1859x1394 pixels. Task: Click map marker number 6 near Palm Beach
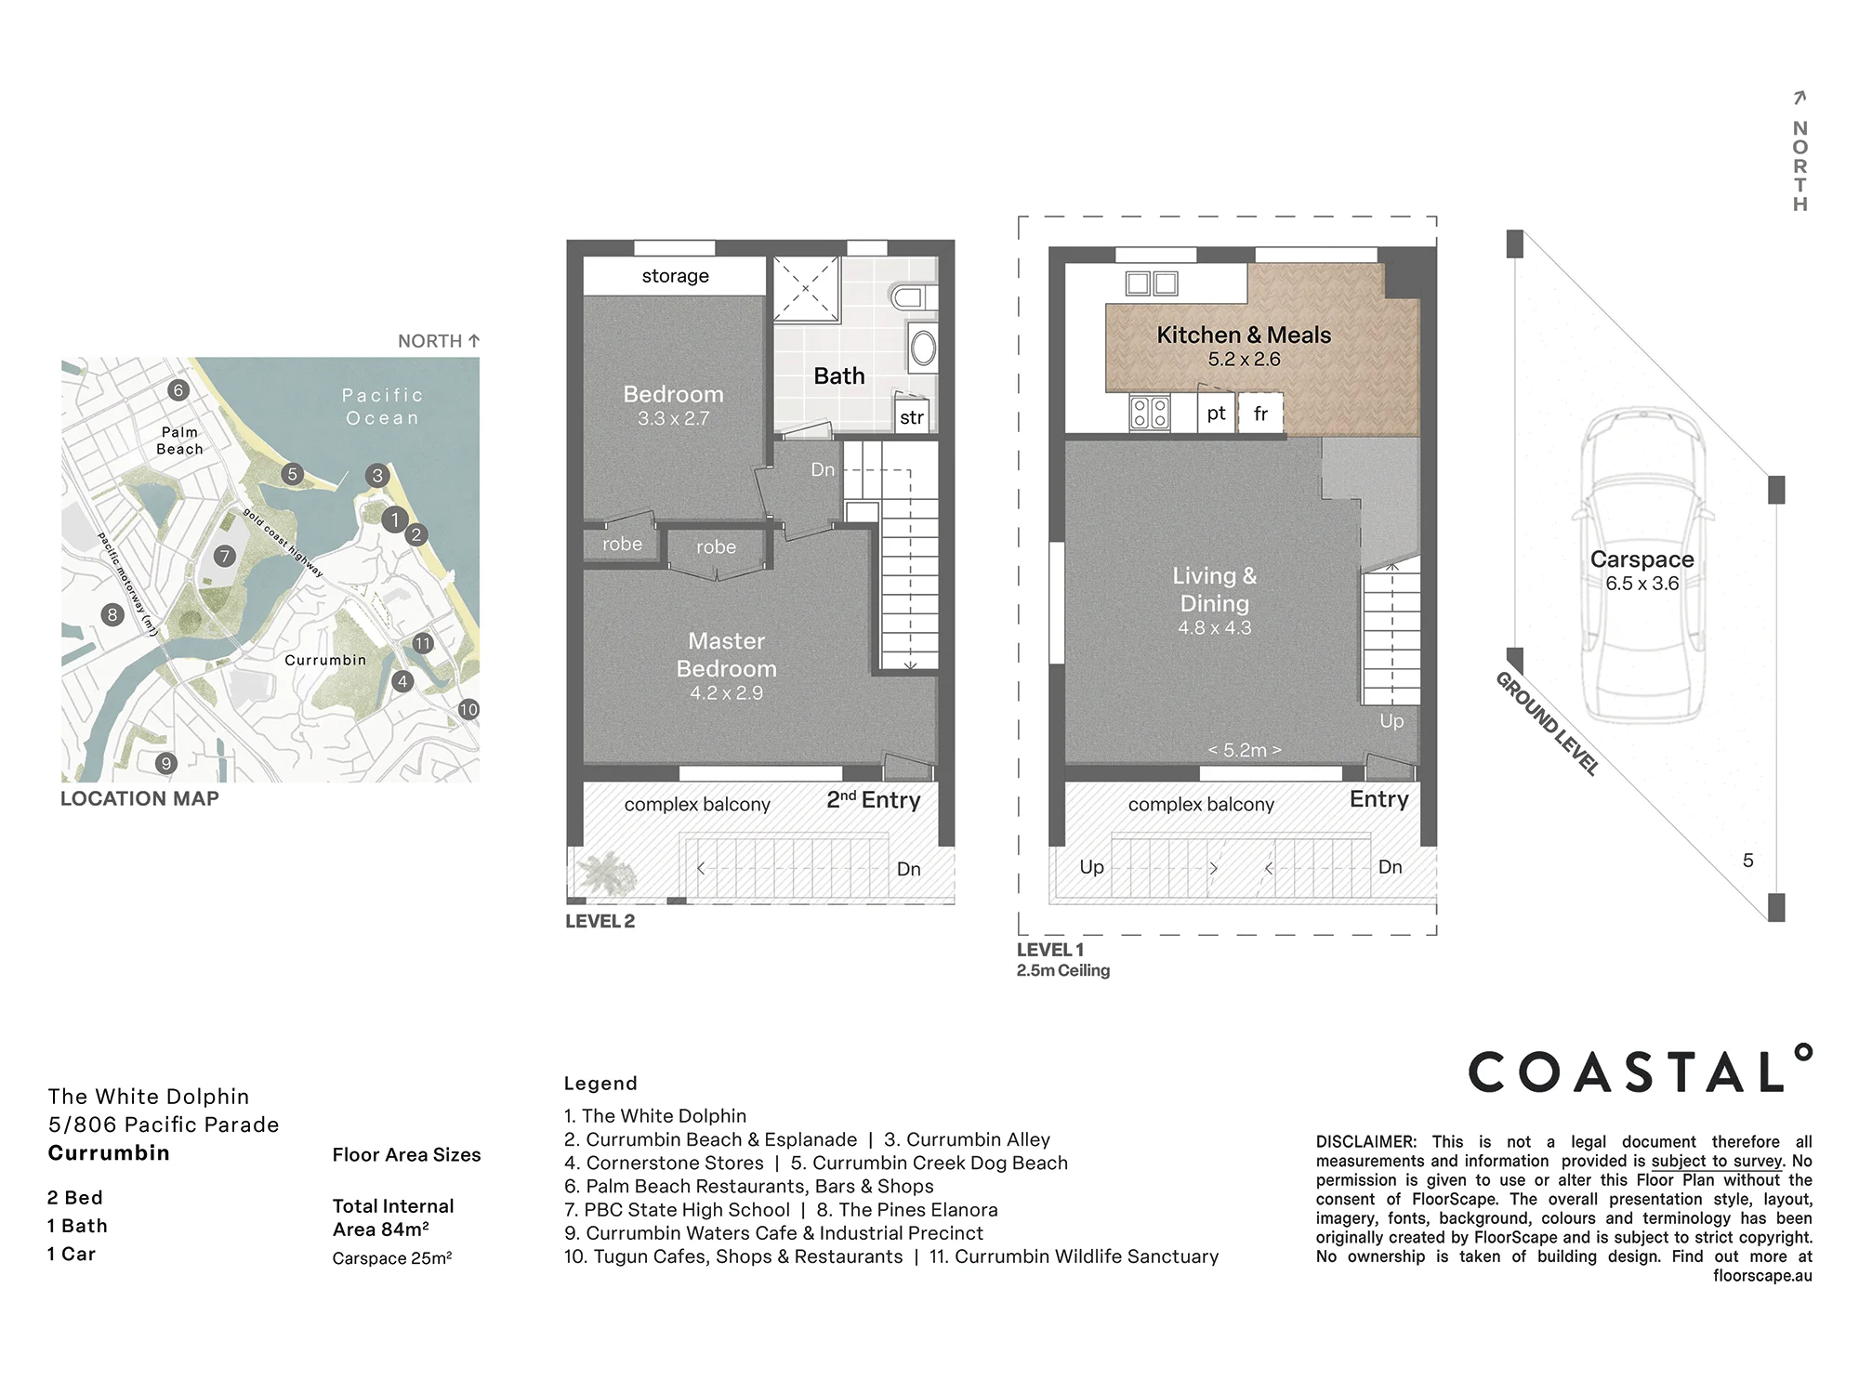click(178, 390)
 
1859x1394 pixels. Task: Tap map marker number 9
click(165, 764)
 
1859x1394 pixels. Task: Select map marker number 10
click(468, 710)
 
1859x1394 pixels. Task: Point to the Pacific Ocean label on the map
click(383, 407)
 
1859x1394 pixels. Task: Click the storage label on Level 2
click(676, 276)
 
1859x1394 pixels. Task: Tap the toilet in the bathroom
click(912, 297)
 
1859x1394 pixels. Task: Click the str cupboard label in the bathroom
click(912, 417)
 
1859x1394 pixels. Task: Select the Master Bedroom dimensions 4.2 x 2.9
click(726, 693)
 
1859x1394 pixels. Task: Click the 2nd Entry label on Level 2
click(874, 799)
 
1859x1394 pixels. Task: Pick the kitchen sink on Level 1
click(1152, 283)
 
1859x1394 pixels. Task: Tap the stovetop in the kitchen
click(1149, 413)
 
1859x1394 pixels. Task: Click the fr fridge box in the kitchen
click(1261, 414)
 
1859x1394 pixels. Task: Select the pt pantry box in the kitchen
click(1217, 414)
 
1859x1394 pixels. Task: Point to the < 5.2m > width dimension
click(1245, 750)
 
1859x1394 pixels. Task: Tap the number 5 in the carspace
click(1748, 861)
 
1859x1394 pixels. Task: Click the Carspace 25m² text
click(392, 1258)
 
